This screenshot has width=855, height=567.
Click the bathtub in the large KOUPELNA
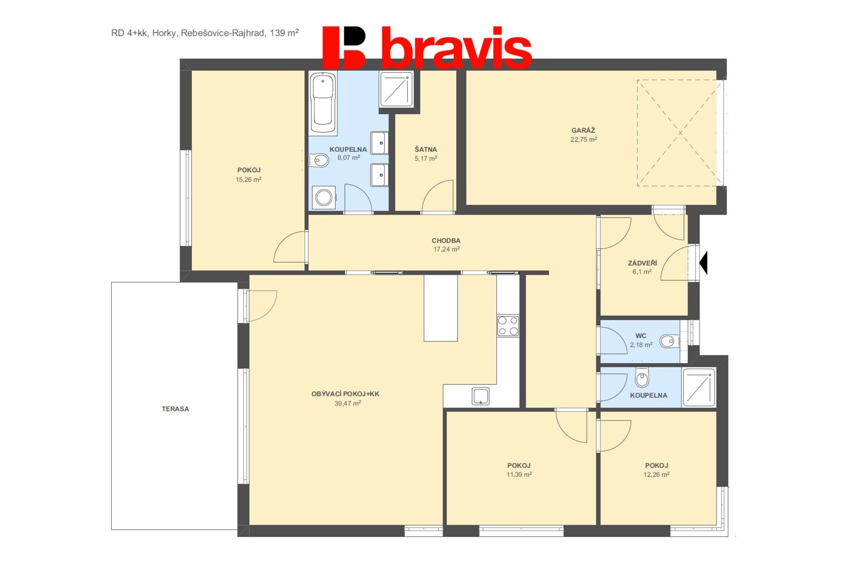(x=323, y=102)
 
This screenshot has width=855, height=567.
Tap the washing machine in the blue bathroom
(x=324, y=197)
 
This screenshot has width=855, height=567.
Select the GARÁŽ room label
(x=583, y=131)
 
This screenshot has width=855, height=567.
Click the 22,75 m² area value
(x=583, y=139)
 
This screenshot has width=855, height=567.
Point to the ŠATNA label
(x=426, y=149)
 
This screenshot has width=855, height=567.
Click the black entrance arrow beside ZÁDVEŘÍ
(x=704, y=263)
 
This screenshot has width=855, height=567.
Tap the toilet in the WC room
(x=669, y=342)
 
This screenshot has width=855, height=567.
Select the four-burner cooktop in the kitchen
(x=508, y=326)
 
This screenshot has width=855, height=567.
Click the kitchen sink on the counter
(x=480, y=396)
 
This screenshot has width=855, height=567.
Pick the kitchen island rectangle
(x=440, y=308)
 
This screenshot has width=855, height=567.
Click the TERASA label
(x=175, y=409)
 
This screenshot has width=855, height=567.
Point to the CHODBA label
(x=446, y=241)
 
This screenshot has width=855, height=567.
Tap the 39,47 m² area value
(x=348, y=404)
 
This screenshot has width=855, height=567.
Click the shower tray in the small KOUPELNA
(x=699, y=388)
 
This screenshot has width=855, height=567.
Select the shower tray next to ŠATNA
(x=396, y=90)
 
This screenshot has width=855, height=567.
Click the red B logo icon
(x=344, y=48)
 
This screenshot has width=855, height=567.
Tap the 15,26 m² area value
(x=248, y=179)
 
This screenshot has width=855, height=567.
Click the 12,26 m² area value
(x=656, y=475)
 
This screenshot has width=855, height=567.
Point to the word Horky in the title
(x=164, y=33)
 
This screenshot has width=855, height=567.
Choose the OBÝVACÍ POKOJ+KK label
(x=346, y=394)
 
